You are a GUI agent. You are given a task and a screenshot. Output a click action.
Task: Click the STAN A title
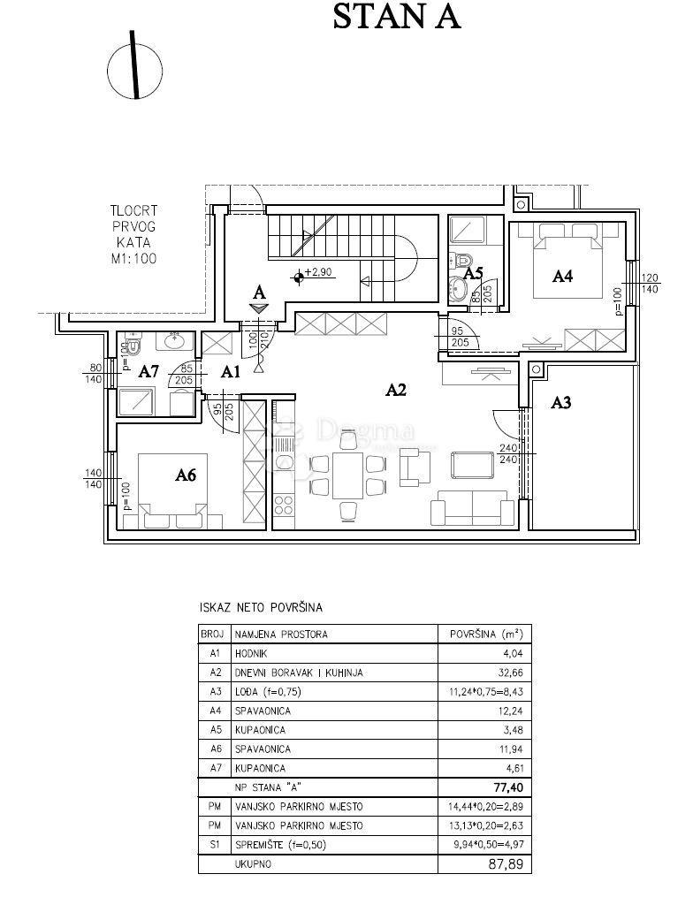[396, 17]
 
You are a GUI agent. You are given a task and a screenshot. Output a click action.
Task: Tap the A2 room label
[395, 390]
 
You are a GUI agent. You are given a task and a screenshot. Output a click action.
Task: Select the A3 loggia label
[560, 403]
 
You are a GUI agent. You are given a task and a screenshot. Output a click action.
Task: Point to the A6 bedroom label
[186, 475]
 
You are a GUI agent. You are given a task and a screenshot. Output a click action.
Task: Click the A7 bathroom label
[148, 372]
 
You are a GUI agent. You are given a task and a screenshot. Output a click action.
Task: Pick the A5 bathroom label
[473, 273]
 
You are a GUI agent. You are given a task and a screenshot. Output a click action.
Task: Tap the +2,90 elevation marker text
[318, 272]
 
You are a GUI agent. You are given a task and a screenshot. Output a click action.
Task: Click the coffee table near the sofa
[473, 465]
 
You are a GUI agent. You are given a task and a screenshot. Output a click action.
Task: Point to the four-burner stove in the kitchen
[283, 505]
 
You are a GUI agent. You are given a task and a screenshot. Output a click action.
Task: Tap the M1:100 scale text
[133, 259]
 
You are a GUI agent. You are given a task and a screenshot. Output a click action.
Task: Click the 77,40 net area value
[508, 787]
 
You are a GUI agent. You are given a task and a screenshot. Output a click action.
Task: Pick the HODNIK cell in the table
[251, 653]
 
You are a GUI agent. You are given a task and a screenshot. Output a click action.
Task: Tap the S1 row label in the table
[215, 844]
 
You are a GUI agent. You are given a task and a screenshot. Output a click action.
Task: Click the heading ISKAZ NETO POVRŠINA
[261, 607]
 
